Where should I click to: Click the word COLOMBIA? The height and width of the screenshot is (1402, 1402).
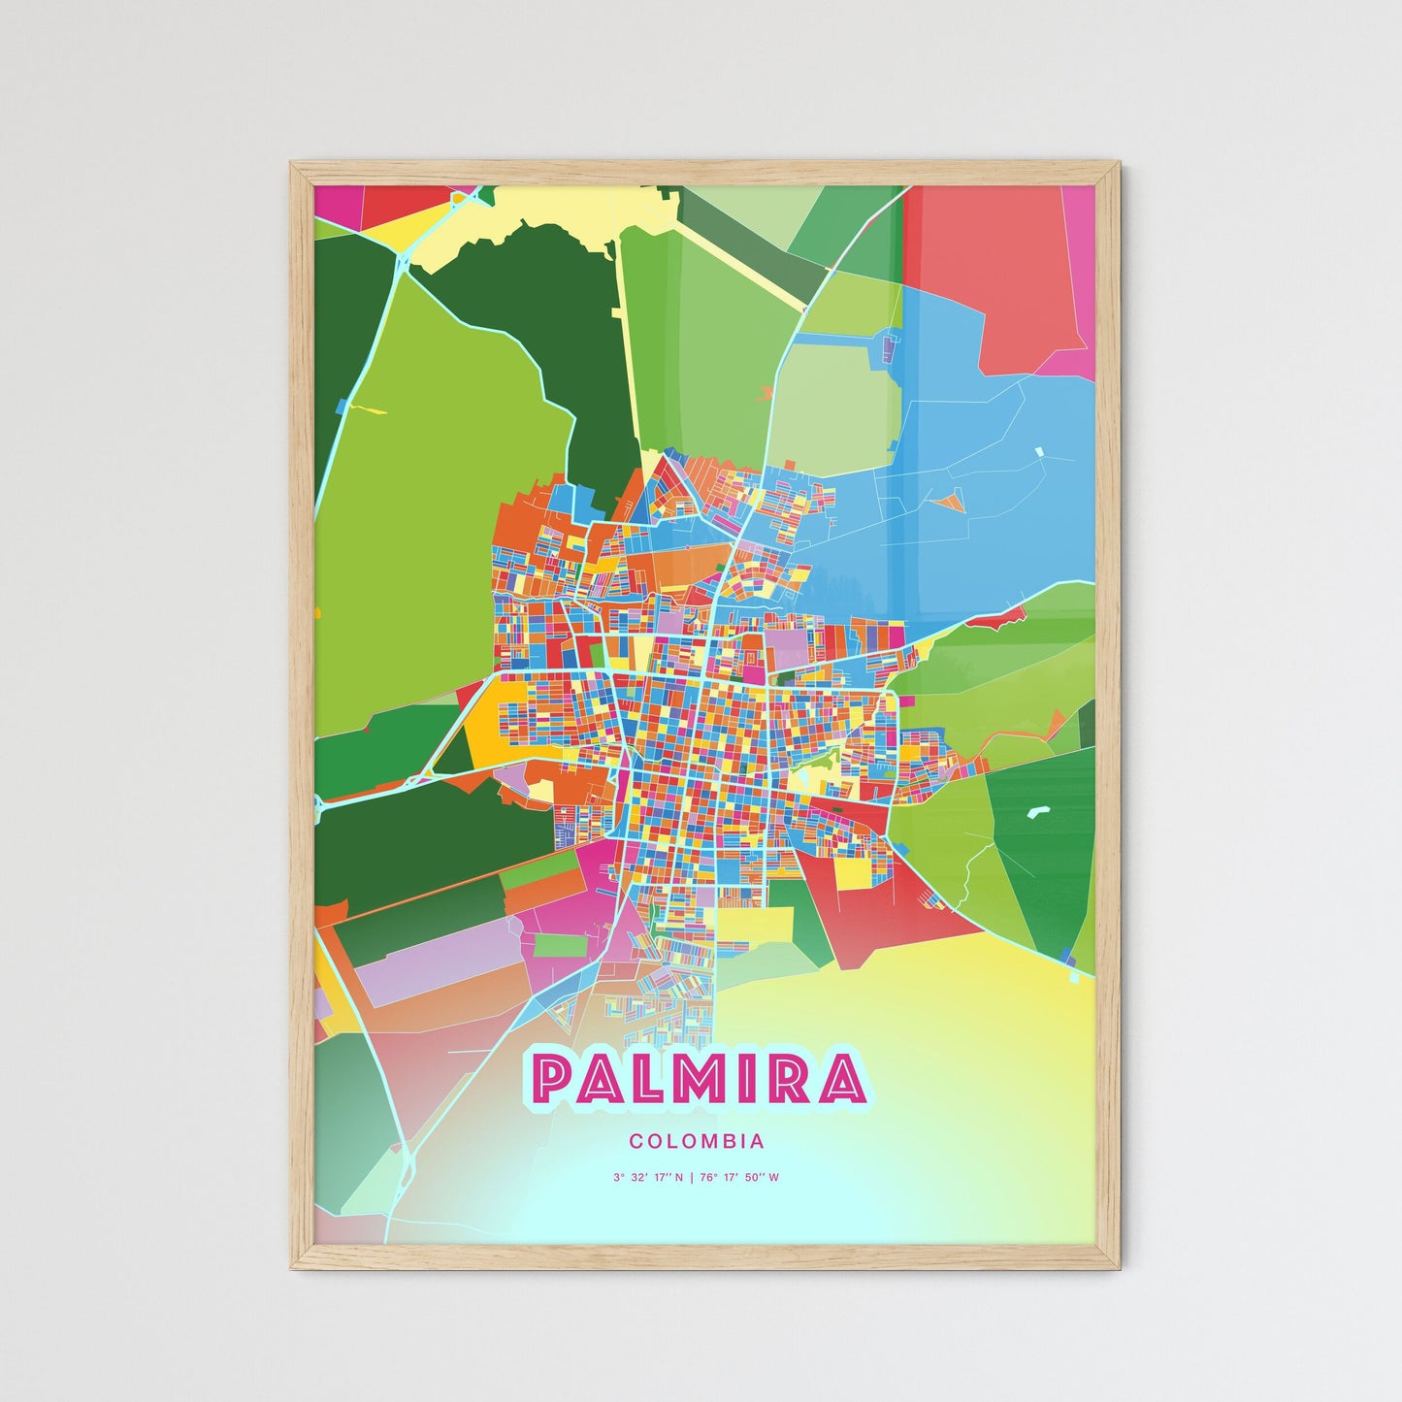[x=697, y=1142]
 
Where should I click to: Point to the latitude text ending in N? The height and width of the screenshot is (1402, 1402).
[x=648, y=1178]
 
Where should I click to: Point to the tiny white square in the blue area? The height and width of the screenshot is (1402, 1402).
[x=1039, y=451]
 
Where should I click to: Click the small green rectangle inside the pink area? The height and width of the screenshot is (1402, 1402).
[x=554, y=944]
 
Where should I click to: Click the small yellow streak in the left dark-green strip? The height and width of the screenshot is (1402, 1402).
[x=368, y=408]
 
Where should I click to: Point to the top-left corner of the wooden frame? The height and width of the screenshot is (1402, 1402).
[x=293, y=165]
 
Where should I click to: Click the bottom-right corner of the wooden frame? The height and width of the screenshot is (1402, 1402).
[x=1118, y=1267]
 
